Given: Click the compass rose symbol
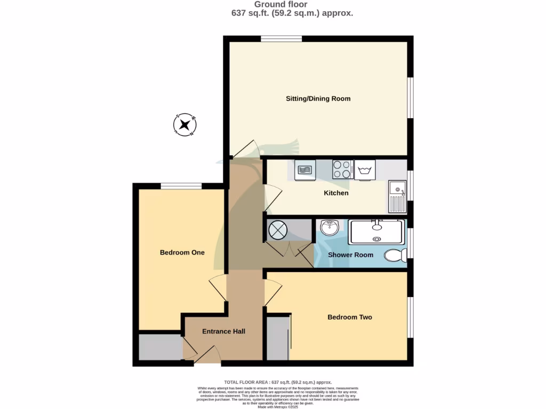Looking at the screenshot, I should pos(185,126).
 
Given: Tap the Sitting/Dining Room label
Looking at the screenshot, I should pos(318,99).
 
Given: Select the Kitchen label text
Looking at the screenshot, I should pos(336,193).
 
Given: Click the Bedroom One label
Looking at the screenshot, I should pos(182,252).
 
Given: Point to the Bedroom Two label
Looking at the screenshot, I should pos(349,317).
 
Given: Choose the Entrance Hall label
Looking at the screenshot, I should pos(223,331).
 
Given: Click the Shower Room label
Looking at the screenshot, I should pos(350,255).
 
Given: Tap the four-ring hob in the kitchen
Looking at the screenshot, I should pos(342,170).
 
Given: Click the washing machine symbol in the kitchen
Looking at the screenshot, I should pos(365,170).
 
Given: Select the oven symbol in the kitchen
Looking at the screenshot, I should pos(304,170).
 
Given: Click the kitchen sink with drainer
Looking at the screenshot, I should pos(397,196).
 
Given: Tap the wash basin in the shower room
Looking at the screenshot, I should pos(330,227).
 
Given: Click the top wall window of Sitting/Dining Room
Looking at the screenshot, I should pos(281,38).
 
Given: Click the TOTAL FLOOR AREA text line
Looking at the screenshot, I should pos(278,382).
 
